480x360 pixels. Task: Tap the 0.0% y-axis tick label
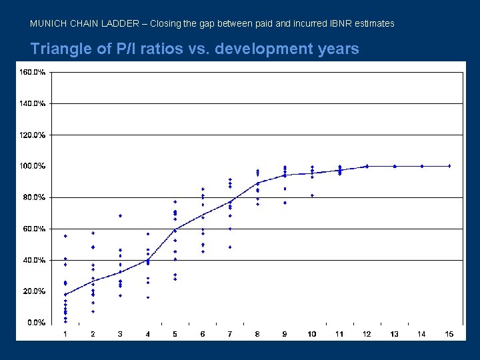tap(35, 322)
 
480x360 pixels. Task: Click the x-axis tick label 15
tap(449, 334)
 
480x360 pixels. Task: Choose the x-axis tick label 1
tap(65, 334)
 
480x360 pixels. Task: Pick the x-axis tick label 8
tap(257, 334)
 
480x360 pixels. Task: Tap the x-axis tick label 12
tap(367, 334)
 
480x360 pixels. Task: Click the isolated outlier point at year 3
tap(120, 215)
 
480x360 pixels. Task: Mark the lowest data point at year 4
tap(148, 297)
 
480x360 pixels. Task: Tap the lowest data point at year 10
tap(312, 195)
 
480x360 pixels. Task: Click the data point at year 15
tap(449, 165)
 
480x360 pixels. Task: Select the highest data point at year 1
tap(65, 236)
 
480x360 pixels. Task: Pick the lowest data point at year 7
tap(230, 247)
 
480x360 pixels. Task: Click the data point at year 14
tap(422, 165)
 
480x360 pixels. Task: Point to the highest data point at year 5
tap(175, 201)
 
